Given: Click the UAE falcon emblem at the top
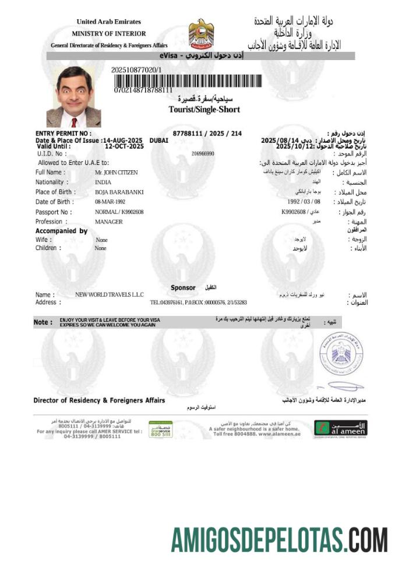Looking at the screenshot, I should pos(201,33).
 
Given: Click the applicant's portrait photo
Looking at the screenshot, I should pos(73,97).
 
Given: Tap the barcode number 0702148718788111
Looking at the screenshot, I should pos(143,90).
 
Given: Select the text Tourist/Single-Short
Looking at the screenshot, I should pos(204,109).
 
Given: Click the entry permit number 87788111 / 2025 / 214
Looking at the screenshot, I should pos(207,133).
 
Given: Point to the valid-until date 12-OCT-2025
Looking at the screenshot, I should pos(124,146).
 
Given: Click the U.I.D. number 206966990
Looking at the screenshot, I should pos(203,153).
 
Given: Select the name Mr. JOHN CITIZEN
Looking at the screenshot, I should pos(117,173).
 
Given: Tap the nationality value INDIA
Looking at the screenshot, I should pos(103,182).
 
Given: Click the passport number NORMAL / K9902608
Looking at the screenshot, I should pos(119,212).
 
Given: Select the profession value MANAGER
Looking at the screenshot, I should pos(108,222).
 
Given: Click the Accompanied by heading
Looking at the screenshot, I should pos(61,231).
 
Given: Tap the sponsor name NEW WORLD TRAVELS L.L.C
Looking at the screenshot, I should pos(110,295).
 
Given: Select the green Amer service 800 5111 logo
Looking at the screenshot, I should pos(160,428).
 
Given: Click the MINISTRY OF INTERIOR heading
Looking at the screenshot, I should pos(109,34).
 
